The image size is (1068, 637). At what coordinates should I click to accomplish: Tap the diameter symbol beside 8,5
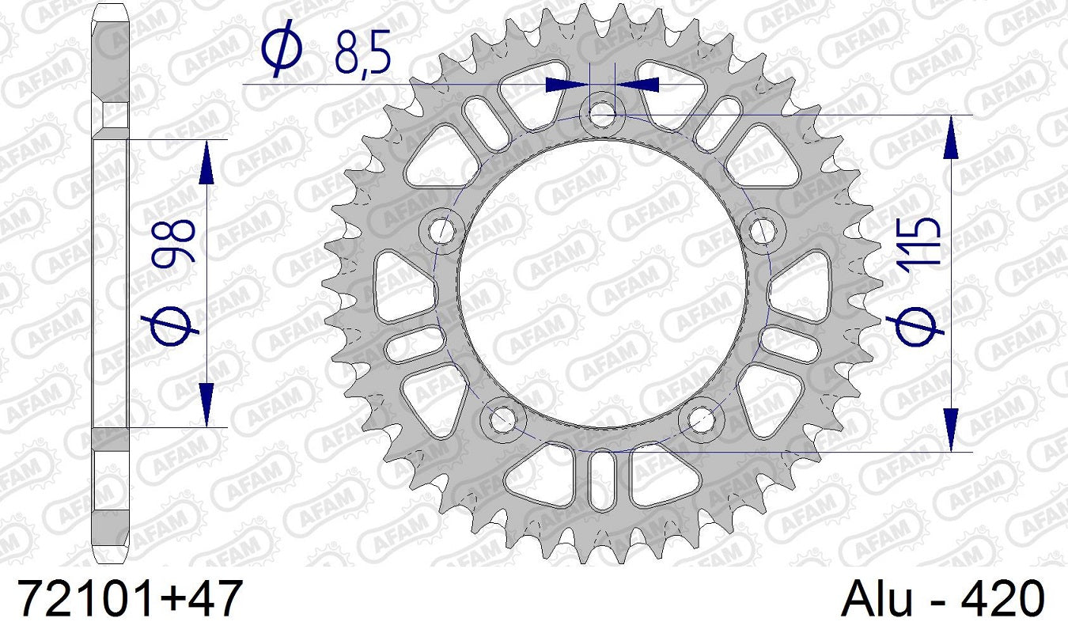pyautogui.click(x=282, y=49)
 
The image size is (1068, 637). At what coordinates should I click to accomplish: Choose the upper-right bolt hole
pyautogui.click(x=762, y=230)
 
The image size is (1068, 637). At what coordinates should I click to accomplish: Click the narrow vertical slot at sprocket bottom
pyautogui.click(x=602, y=478)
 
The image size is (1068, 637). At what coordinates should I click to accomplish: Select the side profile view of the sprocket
pyautogui.click(x=110, y=282)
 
